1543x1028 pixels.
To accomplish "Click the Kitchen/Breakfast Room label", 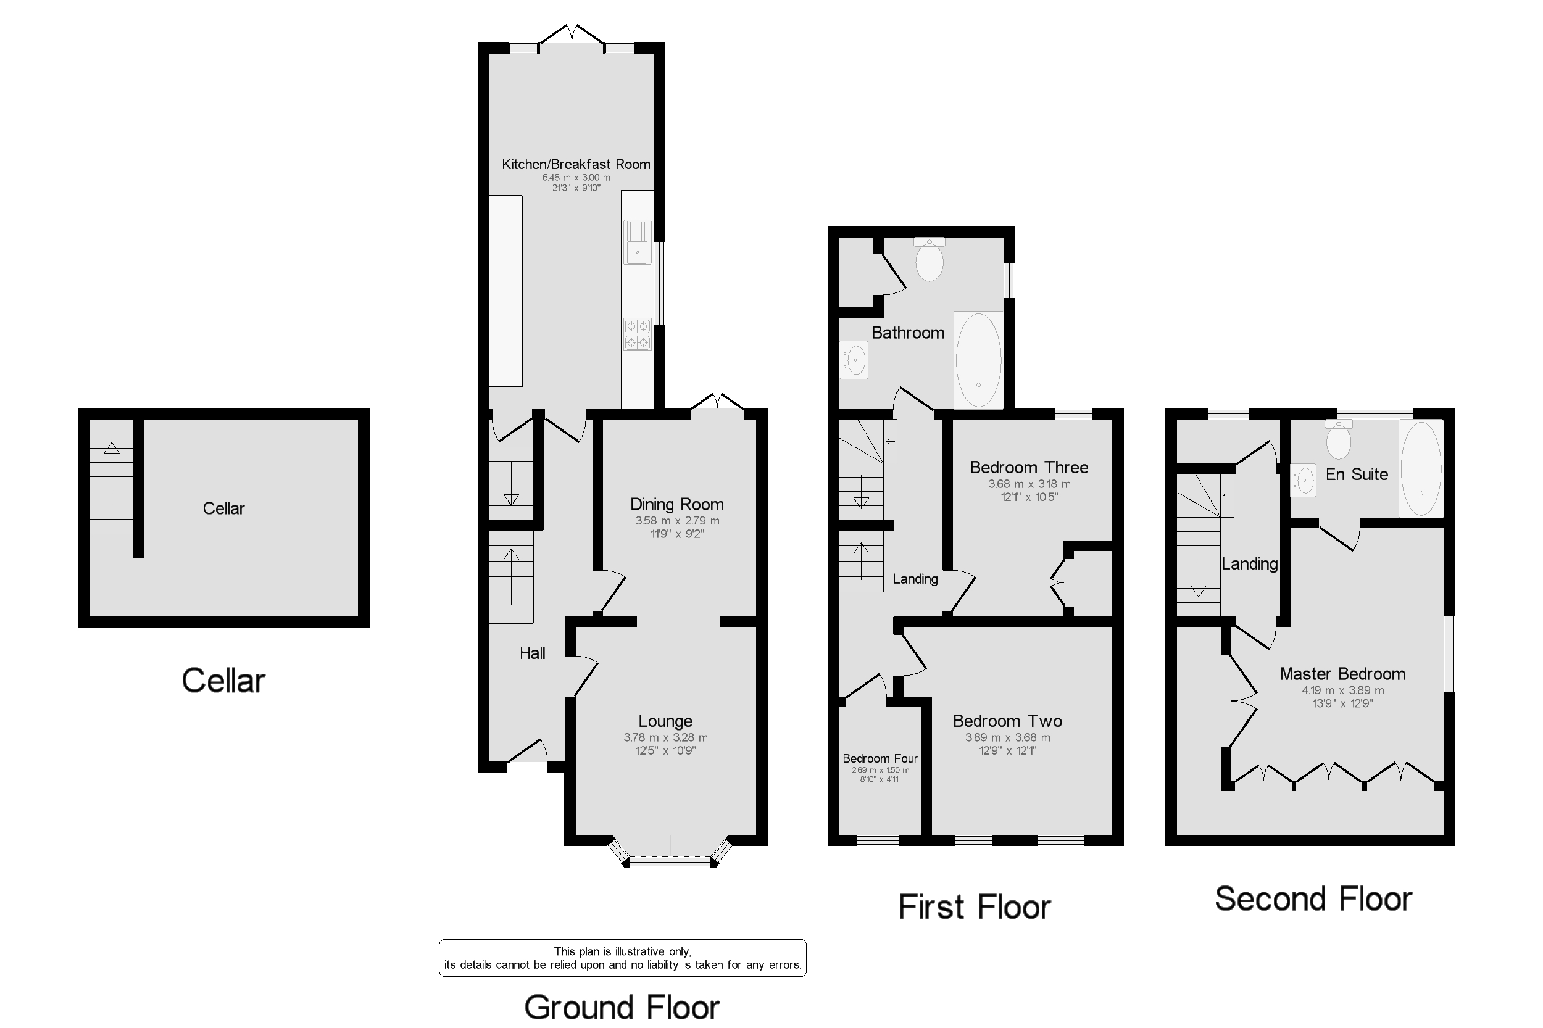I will pyautogui.click(x=576, y=164).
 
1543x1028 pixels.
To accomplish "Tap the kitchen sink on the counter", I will pyautogui.click(x=638, y=242).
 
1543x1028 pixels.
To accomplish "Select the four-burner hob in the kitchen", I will pyautogui.click(x=638, y=334).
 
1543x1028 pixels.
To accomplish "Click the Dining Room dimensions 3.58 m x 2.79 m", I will pyautogui.click(x=676, y=521).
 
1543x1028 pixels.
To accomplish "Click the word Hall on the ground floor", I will pyautogui.click(x=533, y=653).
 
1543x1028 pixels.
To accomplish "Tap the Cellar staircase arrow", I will pyautogui.click(x=112, y=476).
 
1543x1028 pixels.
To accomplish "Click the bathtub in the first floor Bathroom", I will pyautogui.click(x=978, y=359).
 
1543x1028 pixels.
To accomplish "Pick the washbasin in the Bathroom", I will pyautogui.click(x=855, y=360).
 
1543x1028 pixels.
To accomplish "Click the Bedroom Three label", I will pyautogui.click(x=1029, y=468).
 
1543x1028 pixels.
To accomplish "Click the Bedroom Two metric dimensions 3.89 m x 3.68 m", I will pyautogui.click(x=1008, y=737).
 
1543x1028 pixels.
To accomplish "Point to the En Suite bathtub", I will pyautogui.click(x=1421, y=466).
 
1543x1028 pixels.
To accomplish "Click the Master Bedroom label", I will pyautogui.click(x=1342, y=674).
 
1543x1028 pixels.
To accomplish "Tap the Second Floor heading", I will pyautogui.click(x=1313, y=899).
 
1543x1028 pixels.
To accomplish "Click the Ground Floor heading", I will pyautogui.click(x=622, y=1007).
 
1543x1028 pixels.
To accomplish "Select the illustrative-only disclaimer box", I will pyautogui.click(x=622, y=958).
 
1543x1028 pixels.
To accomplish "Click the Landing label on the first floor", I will pyautogui.click(x=915, y=579).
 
